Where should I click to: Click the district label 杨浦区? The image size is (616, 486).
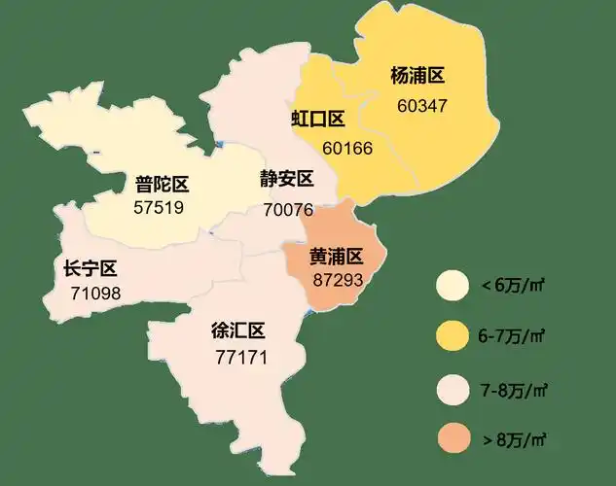click(417, 76)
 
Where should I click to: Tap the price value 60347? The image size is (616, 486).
click(422, 104)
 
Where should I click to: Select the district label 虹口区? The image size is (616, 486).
click(319, 120)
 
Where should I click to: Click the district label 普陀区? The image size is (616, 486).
click(162, 184)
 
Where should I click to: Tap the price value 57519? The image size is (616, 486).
click(160, 207)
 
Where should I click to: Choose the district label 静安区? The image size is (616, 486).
click(286, 180)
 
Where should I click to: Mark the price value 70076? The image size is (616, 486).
click(288, 209)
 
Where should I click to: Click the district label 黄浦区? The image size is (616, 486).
click(336, 257)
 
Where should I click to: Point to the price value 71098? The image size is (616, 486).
click(95, 293)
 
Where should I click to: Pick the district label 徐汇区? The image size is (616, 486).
click(238, 331)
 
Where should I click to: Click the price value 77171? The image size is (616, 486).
click(240, 357)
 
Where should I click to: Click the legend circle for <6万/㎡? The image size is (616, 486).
click(453, 286)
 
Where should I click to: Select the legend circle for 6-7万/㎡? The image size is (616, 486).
click(453, 336)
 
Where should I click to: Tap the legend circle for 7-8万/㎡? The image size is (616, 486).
click(453, 389)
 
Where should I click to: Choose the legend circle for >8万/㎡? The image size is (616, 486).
click(453, 439)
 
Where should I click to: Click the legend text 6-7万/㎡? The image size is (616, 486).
click(512, 336)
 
